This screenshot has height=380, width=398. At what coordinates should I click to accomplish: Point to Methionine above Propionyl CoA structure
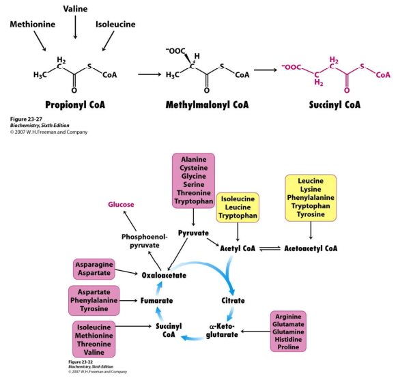(33, 25)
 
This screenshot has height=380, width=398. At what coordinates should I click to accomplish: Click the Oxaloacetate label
(164, 276)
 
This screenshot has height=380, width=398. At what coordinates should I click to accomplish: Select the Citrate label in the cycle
(238, 300)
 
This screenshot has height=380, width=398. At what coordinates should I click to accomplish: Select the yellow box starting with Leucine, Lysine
(311, 198)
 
